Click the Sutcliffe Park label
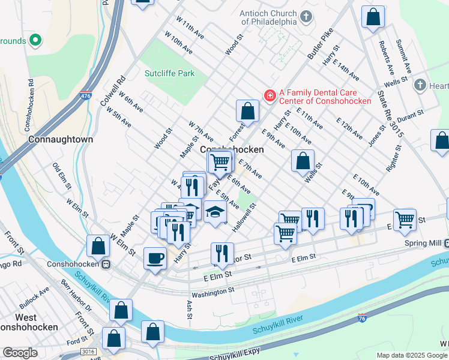(x=170, y=73)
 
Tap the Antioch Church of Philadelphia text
(x=268, y=17)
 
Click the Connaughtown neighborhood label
(x=61, y=139)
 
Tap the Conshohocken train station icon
(x=106, y=264)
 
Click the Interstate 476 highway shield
(x=86, y=95)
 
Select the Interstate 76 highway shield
(x=362, y=317)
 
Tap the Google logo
(x=20, y=353)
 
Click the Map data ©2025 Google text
(x=412, y=355)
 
